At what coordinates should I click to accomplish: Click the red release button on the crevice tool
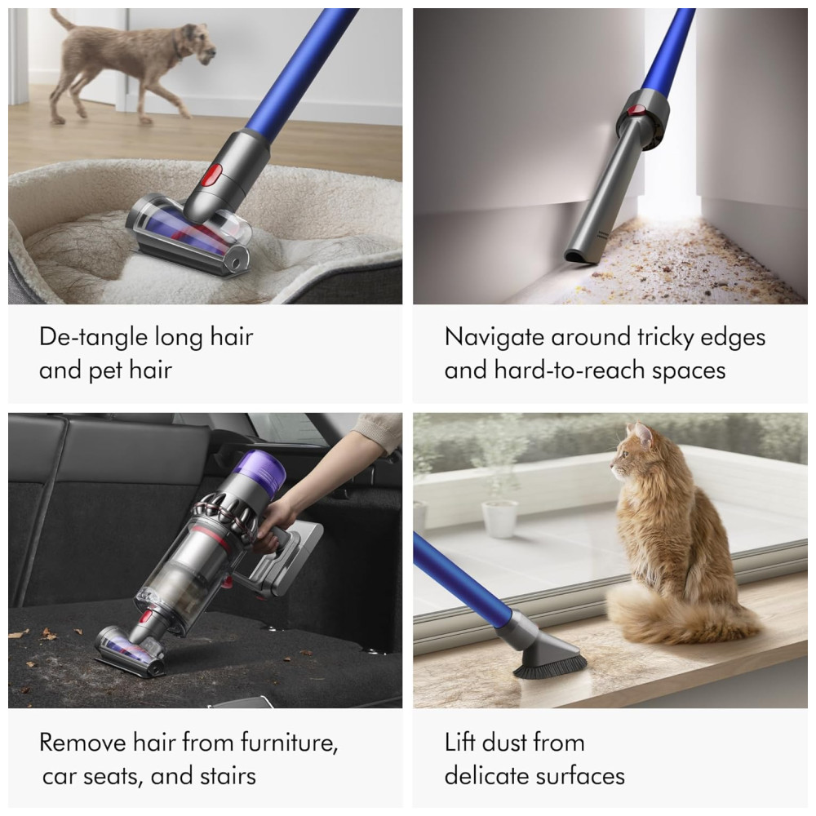coord(638,110)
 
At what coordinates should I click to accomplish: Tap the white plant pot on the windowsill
coord(499,519)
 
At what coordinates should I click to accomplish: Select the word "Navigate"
coord(494,337)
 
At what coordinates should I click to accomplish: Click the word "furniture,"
coord(290,742)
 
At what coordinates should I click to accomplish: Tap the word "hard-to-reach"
coord(570,370)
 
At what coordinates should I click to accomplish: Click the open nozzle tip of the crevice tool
coord(578,257)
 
